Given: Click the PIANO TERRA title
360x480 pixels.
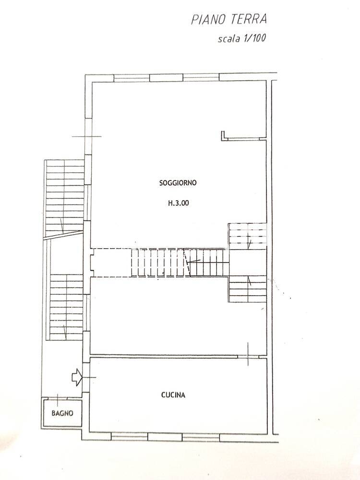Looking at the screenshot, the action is click(229, 19).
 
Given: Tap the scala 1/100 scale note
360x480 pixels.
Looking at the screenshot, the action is click(241, 38).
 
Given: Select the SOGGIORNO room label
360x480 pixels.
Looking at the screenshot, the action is click(178, 183).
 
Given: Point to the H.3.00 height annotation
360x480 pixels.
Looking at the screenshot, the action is click(179, 203).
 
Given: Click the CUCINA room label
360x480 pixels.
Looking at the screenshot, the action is click(173, 395).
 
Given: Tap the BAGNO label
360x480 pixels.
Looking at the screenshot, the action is click(62, 413).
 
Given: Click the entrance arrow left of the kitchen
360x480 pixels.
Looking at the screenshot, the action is click(77, 377).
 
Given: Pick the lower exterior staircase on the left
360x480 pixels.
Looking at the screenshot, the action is click(66, 307).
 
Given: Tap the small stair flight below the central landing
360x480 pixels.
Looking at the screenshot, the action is click(247, 288).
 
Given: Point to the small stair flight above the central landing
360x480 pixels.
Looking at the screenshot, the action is click(247, 236).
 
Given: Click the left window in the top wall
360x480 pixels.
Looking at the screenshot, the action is click(132, 78).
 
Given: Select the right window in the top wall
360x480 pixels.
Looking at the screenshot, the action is click(201, 77).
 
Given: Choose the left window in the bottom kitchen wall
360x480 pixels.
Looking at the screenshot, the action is click(129, 436).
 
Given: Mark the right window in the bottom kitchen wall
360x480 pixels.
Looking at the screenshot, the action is click(201, 437).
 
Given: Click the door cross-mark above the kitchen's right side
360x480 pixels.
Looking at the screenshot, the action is click(248, 354).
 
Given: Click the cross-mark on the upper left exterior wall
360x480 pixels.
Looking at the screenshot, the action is click(87, 136).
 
